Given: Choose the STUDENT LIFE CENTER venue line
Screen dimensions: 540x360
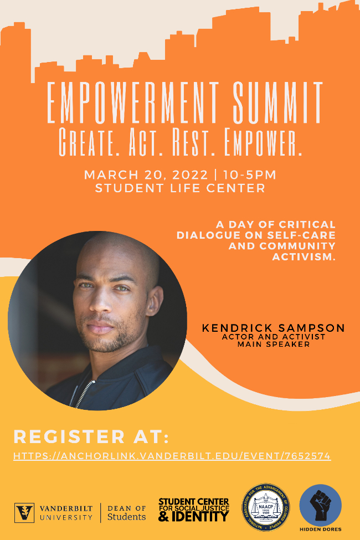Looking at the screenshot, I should tap(180, 188).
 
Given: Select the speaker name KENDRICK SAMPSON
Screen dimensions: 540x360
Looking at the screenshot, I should tap(273, 328).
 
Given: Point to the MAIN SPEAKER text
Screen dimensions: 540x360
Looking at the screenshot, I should tap(273, 344).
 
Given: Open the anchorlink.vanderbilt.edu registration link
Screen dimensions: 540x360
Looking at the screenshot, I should tap(172, 456).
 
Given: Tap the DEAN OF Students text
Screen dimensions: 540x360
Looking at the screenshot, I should tap(126, 512).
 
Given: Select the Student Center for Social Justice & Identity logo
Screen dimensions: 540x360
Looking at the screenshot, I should tap(193, 510).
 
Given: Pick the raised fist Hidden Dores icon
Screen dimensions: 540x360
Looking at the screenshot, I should tap(320, 502).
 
